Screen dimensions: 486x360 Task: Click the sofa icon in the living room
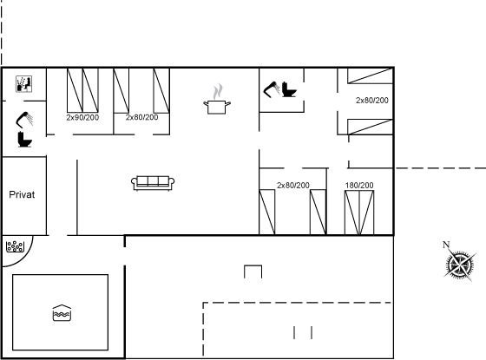point(153,183)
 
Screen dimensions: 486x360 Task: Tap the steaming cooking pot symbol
point(217,99)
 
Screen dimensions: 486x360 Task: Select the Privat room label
point(22,194)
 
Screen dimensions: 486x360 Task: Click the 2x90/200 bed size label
point(82,117)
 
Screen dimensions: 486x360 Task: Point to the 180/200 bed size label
point(359,186)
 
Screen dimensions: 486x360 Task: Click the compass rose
point(460,265)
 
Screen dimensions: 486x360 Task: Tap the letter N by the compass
point(446,245)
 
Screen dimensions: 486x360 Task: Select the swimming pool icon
point(62,313)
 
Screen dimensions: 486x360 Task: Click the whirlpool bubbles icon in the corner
point(15,246)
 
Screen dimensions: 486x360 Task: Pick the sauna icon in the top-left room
point(24,84)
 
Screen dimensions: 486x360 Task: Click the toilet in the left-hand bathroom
point(25,139)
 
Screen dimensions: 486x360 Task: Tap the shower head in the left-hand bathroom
point(24,120)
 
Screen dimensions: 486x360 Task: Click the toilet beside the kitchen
point(289,89)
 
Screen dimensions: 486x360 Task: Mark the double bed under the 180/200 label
point(359,213)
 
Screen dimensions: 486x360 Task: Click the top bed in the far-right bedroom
point(370,76)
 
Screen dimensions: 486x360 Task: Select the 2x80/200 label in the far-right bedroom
point(372,101)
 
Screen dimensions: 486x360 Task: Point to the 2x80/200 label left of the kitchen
point(142,117)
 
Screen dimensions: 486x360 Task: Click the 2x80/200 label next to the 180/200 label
point(293,186)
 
